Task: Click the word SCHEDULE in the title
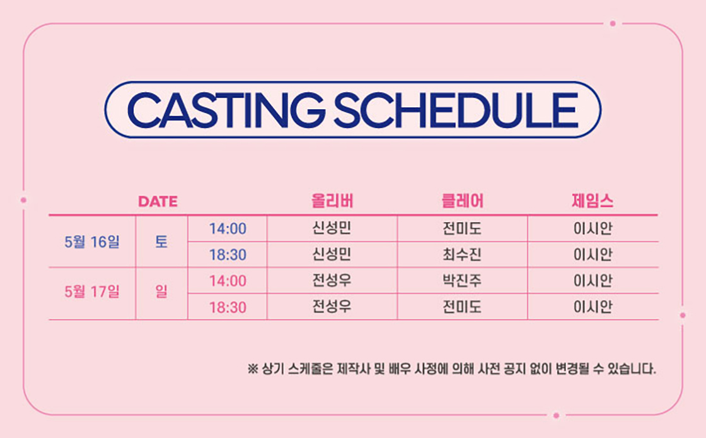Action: coord(456,110)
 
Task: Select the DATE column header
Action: coord(158,201)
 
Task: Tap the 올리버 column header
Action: coord(332,201)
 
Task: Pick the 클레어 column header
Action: coord(463,201)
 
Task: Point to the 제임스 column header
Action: coord(593,201)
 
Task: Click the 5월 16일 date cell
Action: coord(92,242)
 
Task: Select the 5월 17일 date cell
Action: coord(92,292)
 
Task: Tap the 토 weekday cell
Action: coord(161,242)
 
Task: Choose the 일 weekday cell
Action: coord(161,292)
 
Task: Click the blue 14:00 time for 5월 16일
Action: coord(228,229)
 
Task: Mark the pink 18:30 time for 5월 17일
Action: coord(228,307)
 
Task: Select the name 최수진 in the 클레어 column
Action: coord(462,254)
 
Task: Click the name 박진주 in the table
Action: coord(462,281)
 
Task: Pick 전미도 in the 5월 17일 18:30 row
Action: coord(462,307)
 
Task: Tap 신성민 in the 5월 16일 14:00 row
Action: coord(332,228)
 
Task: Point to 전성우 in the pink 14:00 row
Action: coord(332,281)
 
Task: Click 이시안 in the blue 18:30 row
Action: coord(593,254)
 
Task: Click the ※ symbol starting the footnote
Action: coord(253,369)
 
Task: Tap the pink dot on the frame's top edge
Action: coord(612,23)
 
